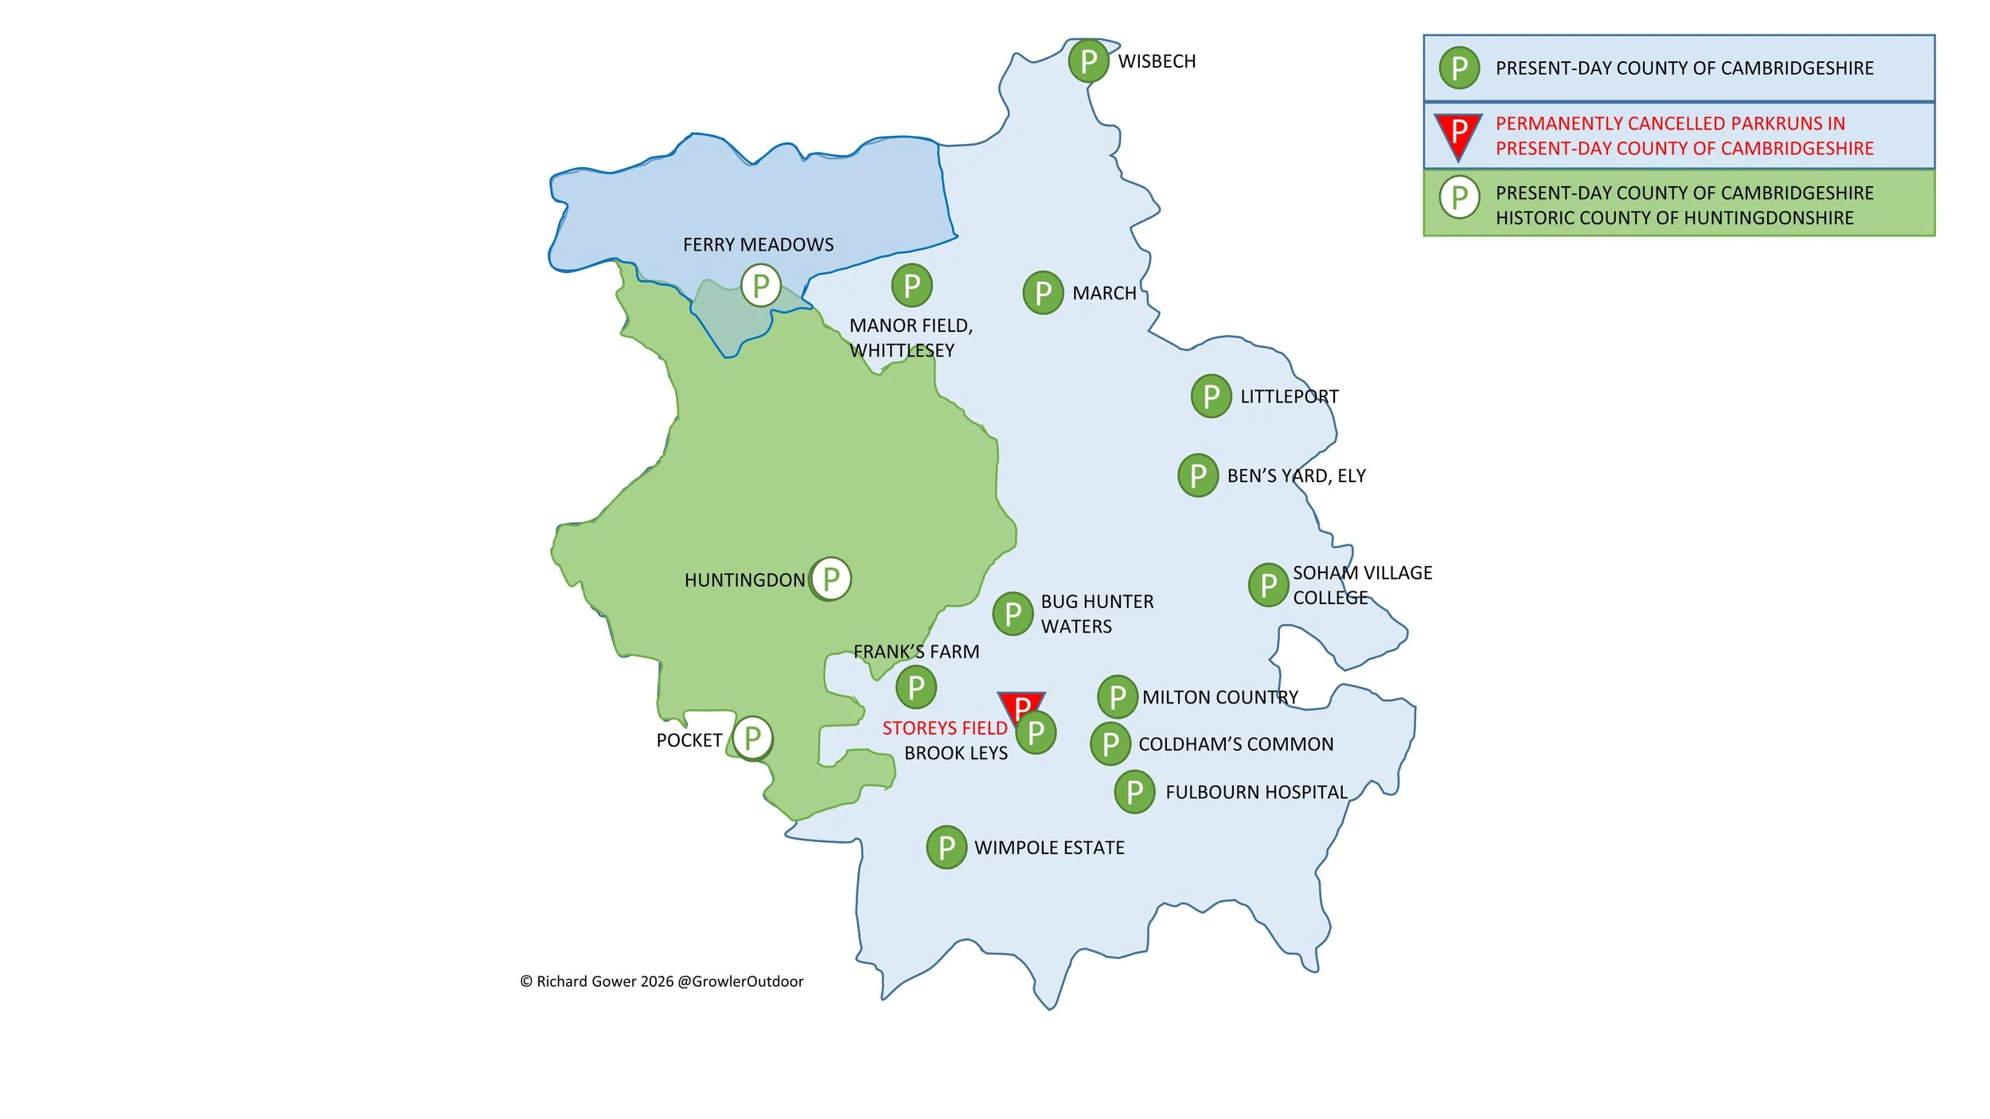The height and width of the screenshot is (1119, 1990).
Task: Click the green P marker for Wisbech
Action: pyautogui.click(x=1088, y=61)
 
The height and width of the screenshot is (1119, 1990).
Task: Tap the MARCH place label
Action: pyautogui.click(x=1104, y=294)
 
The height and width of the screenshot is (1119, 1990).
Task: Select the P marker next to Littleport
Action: pyautogui.click(x=1211, y=396)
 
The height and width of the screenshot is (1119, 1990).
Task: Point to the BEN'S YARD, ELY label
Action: pyautogui.click(x=1296, y=476)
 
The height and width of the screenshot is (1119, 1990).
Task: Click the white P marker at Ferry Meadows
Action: pyautogui.click(x=760, y=286)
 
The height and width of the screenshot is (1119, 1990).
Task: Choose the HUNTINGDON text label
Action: pyautogui.click(x=744, y=580)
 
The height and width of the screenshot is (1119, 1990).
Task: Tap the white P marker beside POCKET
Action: pyautogui.click(x=752, y=739)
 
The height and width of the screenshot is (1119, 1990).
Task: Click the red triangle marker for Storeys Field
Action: pyautogui.click(x=1020, y=703)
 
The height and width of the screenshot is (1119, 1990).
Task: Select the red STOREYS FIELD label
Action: pyautogui.click(x=944, y=728)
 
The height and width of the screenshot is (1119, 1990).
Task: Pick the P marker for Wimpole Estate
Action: pyautogui.click(x=946, y=848)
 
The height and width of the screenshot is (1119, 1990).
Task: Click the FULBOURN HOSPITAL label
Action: pyautogui.click(x=1256, y=793)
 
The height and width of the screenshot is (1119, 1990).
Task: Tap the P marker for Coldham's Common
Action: pyautogui.click(x=1110, y=744)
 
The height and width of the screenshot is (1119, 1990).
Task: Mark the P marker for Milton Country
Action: pyautogui.click(x=1118, y=697)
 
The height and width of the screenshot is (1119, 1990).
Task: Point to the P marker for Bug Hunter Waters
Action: pyautogui.click(x=1013, y=614)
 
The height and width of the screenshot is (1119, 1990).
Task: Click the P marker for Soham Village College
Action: pyautogui.click(x=1268, y=585)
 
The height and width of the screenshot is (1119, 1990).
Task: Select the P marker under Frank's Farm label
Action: pyautogui.click(x=915, y=687)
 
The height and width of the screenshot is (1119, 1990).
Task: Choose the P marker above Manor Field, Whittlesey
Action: pyautogui.click(x=911, y=286)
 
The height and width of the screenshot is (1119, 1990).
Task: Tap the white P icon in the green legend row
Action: pyautogui.click(x=1459, y=197)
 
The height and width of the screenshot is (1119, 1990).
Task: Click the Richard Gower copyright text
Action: pyautogui.click(x=661, y=981)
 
